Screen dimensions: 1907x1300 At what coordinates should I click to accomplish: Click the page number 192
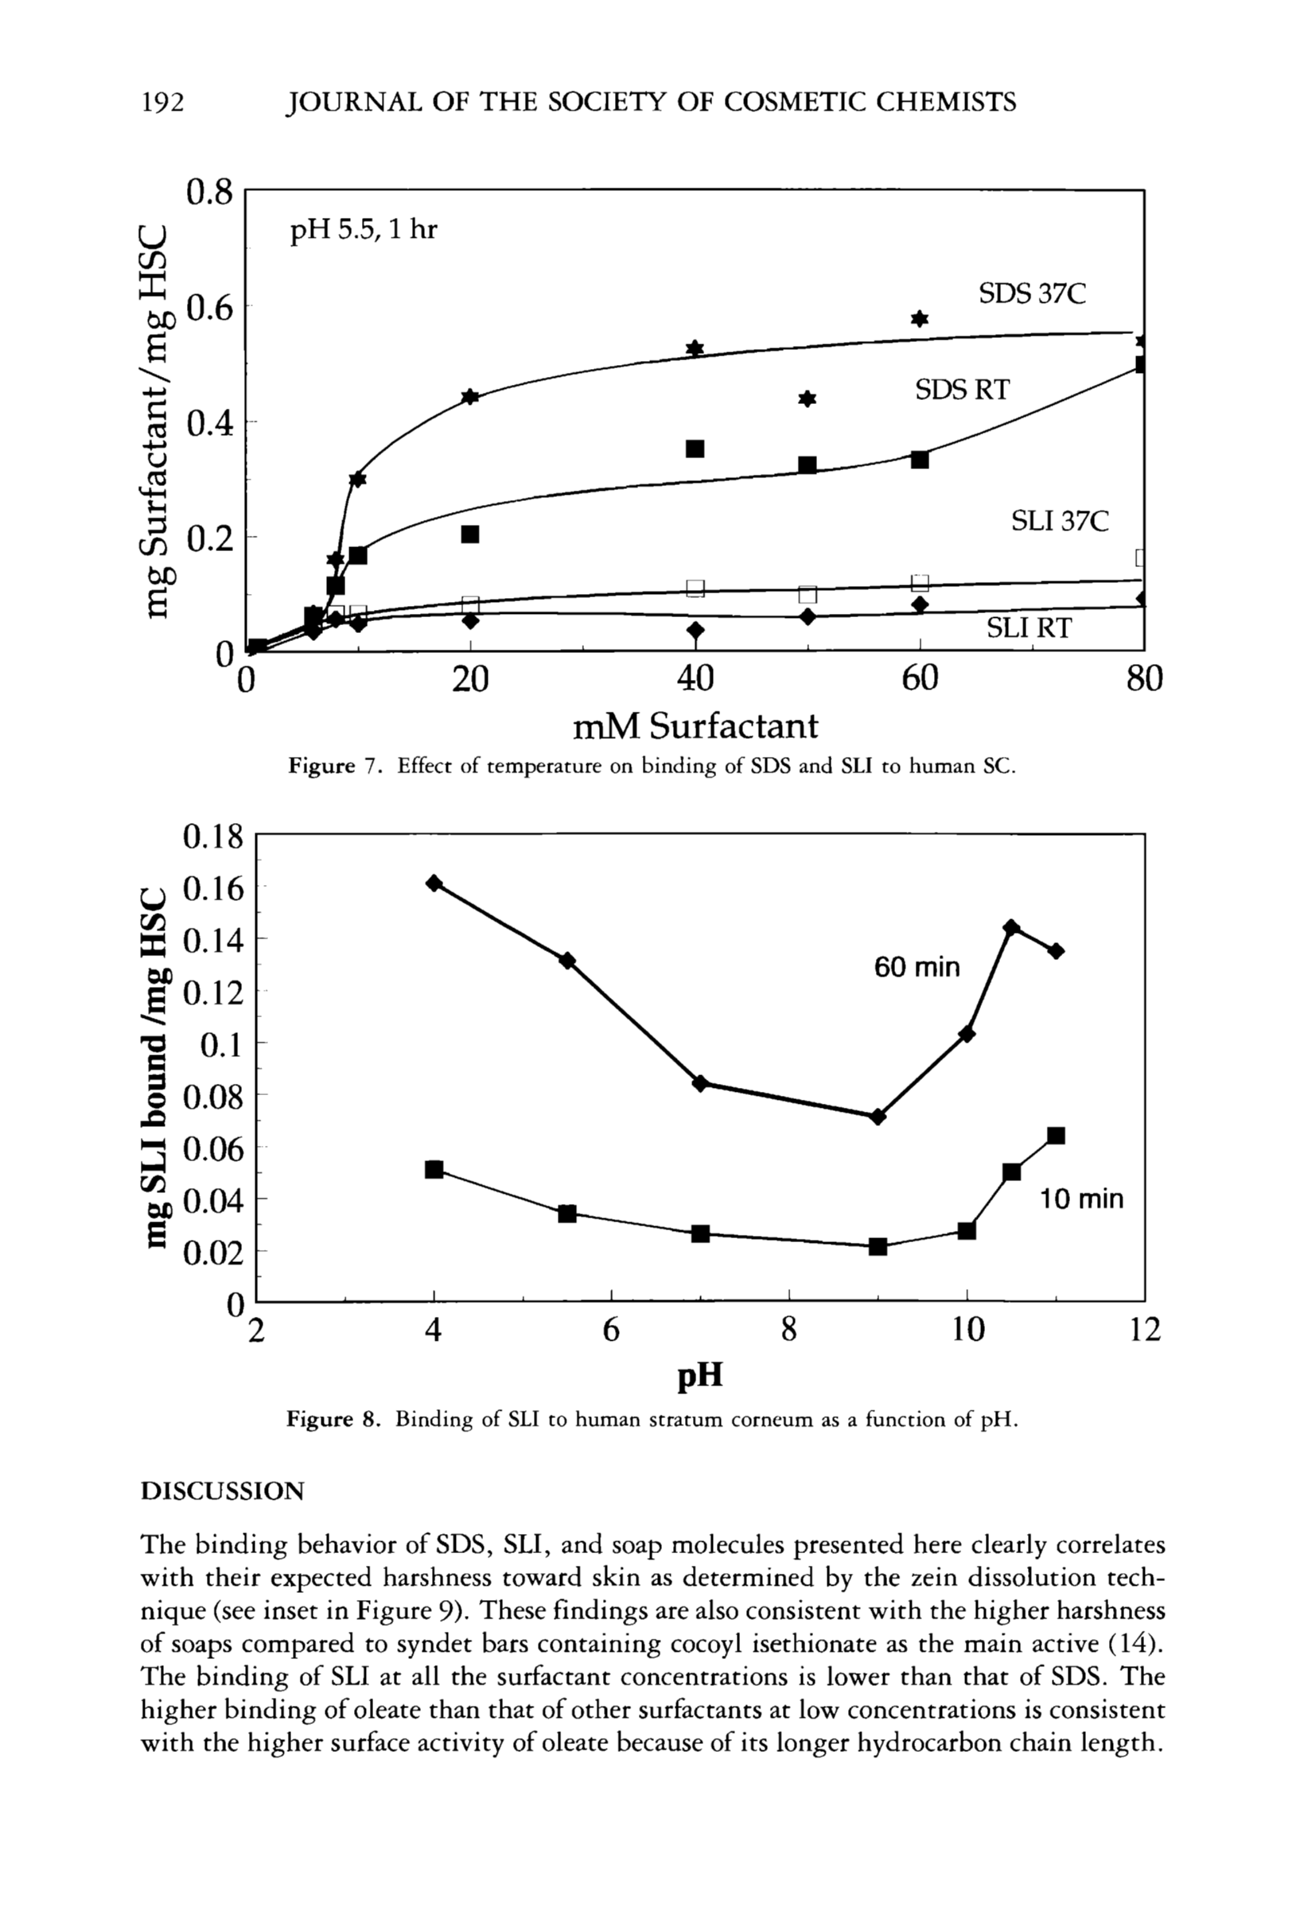tap(162, 102)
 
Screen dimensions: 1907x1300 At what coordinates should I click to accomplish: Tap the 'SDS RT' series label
tap(962, 389)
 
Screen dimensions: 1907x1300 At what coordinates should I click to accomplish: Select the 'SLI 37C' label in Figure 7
tap(1059, 520)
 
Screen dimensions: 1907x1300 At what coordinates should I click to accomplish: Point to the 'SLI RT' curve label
tap(1029, 627)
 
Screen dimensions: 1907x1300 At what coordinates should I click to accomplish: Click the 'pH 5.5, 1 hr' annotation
tap(364, 230)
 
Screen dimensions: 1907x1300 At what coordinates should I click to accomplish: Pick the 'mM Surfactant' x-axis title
tap(695, 726)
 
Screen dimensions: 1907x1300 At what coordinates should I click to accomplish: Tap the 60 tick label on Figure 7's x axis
tap(919, 679)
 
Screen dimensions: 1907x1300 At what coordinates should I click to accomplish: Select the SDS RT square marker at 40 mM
tap(695, 449)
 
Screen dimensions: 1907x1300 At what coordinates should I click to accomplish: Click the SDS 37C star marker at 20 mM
tap(470, 397)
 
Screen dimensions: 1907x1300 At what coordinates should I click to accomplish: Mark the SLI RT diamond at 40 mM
tap(695, 630)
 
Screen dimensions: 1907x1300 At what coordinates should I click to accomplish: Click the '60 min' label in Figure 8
tap(916, 968)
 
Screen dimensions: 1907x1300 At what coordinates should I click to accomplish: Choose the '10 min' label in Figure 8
tap(1081, 1200)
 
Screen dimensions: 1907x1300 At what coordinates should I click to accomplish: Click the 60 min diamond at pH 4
tap(434, 883)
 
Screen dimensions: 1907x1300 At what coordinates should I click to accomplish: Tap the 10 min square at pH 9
tap(878, 1246)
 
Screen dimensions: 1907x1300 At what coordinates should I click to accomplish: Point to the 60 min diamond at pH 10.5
tap(1011, 927)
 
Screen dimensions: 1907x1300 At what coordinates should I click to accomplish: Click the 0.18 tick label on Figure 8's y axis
tap(213, 838)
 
